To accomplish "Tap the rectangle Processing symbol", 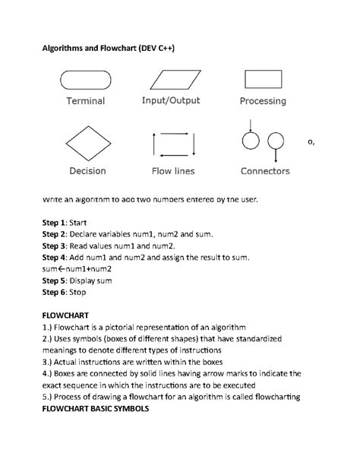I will (263, 78).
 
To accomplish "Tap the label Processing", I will (263, 100).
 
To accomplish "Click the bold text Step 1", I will (52, 222).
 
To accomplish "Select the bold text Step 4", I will (52, 258).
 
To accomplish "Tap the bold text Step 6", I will (52, 293).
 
